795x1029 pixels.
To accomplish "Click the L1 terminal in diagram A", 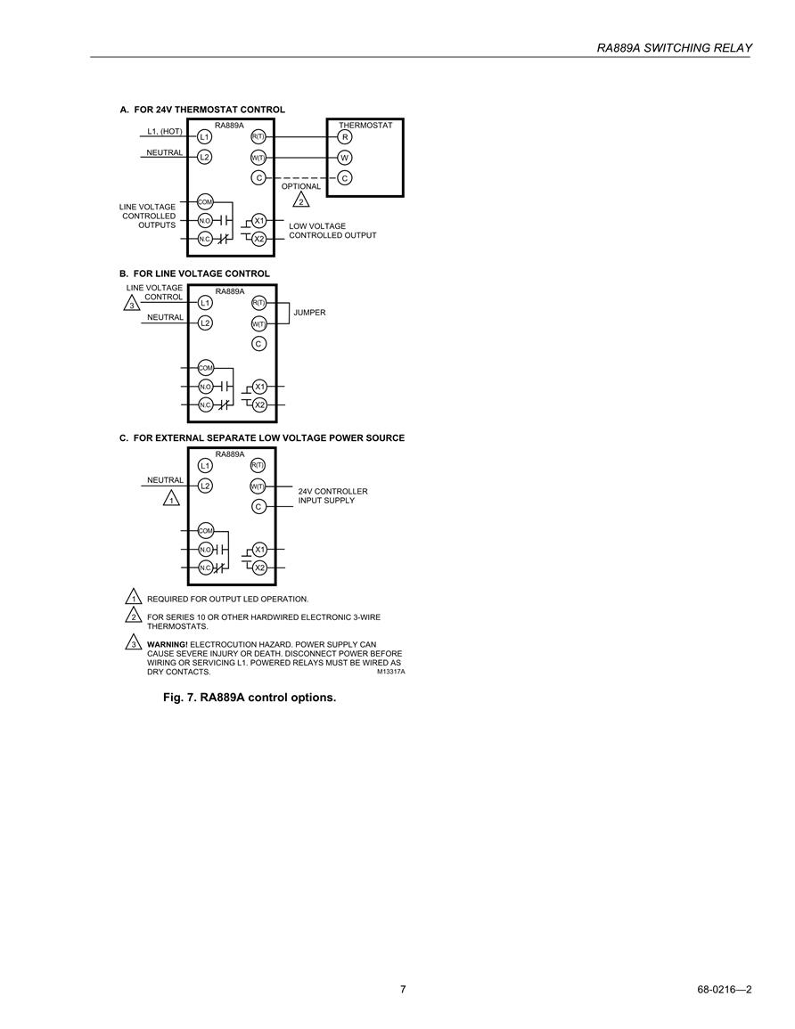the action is point(205,136).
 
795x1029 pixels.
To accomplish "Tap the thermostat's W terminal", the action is point(345,158).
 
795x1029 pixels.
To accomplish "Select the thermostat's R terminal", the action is point(345,137).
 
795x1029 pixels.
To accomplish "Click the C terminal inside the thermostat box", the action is point(345,178).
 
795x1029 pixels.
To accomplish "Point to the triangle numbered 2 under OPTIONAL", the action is point(301,200).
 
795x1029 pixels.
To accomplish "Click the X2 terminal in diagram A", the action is point(259,239).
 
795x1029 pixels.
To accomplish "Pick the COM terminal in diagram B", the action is point(206,368).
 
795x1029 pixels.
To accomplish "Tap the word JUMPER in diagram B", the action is point(309,313).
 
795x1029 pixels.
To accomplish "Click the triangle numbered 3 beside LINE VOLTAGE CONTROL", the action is point(132,304).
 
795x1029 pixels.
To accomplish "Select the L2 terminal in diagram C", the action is point(206,486).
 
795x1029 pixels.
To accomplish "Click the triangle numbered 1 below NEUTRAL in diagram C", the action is point(171,499).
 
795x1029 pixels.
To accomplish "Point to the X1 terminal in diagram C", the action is point(260,550).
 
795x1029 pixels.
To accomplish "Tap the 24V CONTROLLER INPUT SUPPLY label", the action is point(332,495).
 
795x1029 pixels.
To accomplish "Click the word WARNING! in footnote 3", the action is point(167,644).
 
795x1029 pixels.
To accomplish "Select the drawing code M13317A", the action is point(390,672).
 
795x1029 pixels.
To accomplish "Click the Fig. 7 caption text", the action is point(250,698).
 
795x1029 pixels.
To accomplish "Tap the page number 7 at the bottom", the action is point(403,989).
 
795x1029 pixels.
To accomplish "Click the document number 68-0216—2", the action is point(724,990).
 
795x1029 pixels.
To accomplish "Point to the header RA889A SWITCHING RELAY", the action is point(674,48).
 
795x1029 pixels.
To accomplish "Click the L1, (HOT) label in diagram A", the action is point(165,131).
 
